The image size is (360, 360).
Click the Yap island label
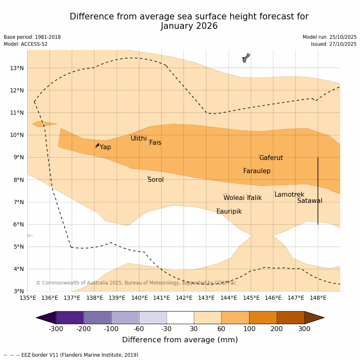point(105,147)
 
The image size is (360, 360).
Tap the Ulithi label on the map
point(139,139)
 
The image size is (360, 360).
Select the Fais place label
point(155,143)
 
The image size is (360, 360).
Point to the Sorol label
point(155,180)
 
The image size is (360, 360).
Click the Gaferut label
point(271,158)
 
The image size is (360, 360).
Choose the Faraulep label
point(256,171)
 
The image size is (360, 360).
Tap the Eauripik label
point(229,212)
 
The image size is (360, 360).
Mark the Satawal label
point(310,201)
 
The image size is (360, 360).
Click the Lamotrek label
point(289,195)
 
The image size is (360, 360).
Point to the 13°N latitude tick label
point(16,68)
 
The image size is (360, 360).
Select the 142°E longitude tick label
point(184,298)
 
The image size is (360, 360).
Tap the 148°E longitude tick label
point(318,298)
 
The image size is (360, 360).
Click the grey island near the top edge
point(246,58)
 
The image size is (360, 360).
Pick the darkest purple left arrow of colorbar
point(46,318)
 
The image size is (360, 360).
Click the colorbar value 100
point(249,329)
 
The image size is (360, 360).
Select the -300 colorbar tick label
point(56,329)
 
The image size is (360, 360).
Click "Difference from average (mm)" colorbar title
point(180,340)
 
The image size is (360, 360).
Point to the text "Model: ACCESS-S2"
point(26,44)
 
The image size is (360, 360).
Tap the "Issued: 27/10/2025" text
point(334,44)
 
